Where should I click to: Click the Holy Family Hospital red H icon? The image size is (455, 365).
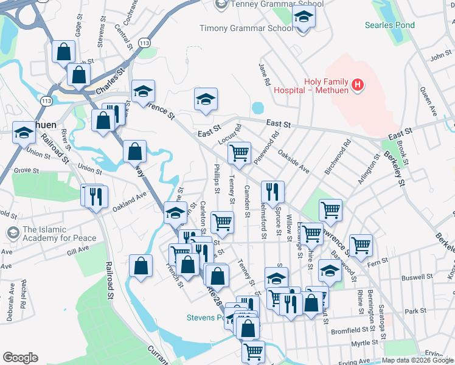358,85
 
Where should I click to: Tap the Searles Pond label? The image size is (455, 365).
389,25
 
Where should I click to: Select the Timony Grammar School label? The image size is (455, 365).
246,28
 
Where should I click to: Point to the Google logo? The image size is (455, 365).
20,358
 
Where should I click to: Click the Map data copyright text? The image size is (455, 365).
417,360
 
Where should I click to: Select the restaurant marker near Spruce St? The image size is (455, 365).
273,192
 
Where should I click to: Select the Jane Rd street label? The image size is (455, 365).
264,74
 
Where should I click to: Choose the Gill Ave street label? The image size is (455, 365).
78,250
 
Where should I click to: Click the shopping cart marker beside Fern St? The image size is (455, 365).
360,245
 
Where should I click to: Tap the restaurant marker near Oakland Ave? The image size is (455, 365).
96,196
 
